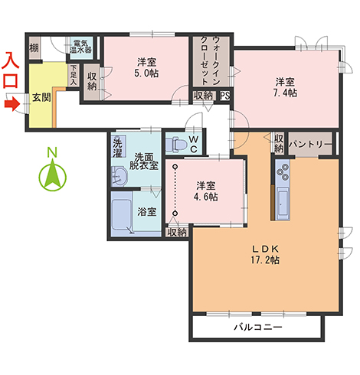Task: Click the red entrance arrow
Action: click(x=12, y=104)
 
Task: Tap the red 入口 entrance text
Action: click(x=10, y=70)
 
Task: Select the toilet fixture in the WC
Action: click(x=176, y=145)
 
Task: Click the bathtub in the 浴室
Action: click(x=122, y=214)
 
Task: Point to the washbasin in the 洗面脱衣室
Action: click(x=119, y=175)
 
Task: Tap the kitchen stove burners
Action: click(x=283, y=171)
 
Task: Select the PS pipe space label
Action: click(x=225, y=96)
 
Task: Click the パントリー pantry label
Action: click(x=311, y=144)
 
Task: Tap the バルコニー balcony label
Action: click(x=258, y=327)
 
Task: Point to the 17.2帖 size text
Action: click(x=265, y=260)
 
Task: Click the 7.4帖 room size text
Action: click(x=285, y=93)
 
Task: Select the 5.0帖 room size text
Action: click(x=146, y=73)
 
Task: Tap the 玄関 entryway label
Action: click(x=41, y=97)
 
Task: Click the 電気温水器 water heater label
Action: click(x=80, y=46)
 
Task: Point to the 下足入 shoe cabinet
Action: click(x=74, y=75)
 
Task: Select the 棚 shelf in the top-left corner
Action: click(x=34, y=48)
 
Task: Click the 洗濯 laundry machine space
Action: click(x=118, y=148)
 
